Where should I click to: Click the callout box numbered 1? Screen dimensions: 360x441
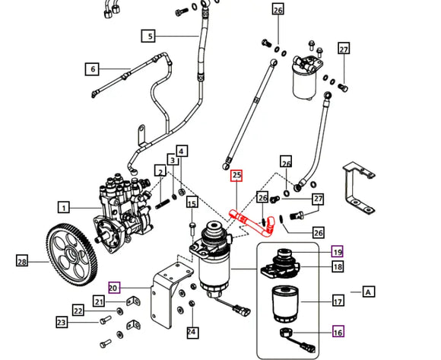tap(65, 206)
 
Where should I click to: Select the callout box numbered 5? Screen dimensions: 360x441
tap(150, 36)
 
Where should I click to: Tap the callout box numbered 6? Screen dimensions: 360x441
tap(93, 69)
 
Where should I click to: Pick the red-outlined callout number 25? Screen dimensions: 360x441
tap(236, 176)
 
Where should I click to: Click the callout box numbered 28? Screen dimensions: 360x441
tap(22, 261)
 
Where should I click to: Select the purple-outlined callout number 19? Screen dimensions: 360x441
tap(336, 251)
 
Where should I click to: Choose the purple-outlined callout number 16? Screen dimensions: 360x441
tap(336, 331)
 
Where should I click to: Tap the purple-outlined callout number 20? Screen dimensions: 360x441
tap(114, 288)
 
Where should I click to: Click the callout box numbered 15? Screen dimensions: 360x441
tap(192, 203)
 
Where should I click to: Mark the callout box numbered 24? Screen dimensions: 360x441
tap(192, 331)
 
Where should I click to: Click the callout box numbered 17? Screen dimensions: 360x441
tap(336, 301)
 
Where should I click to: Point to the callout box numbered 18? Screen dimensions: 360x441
tap(336, 266)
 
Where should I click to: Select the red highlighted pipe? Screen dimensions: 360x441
tap(249, 220)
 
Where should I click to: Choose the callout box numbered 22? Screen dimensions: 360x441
tap(78, 310)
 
